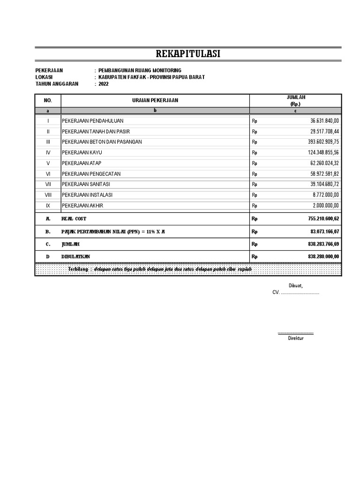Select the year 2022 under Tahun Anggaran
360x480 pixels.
104,84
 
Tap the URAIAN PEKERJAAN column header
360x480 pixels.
155,100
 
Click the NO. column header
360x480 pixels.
48,100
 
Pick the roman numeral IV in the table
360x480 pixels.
48,152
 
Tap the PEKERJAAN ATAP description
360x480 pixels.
82,163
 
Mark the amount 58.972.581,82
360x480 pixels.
321,173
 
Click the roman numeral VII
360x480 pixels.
48,184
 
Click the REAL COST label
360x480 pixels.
74,218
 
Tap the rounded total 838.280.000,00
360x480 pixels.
318,256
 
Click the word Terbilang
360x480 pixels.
78,269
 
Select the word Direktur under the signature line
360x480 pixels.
296,338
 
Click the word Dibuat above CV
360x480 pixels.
295,285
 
